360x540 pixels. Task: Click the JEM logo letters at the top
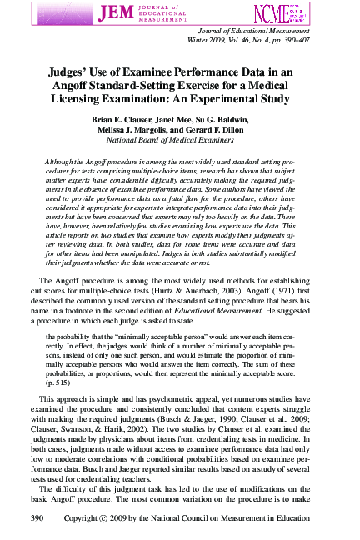coord(117,14)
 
